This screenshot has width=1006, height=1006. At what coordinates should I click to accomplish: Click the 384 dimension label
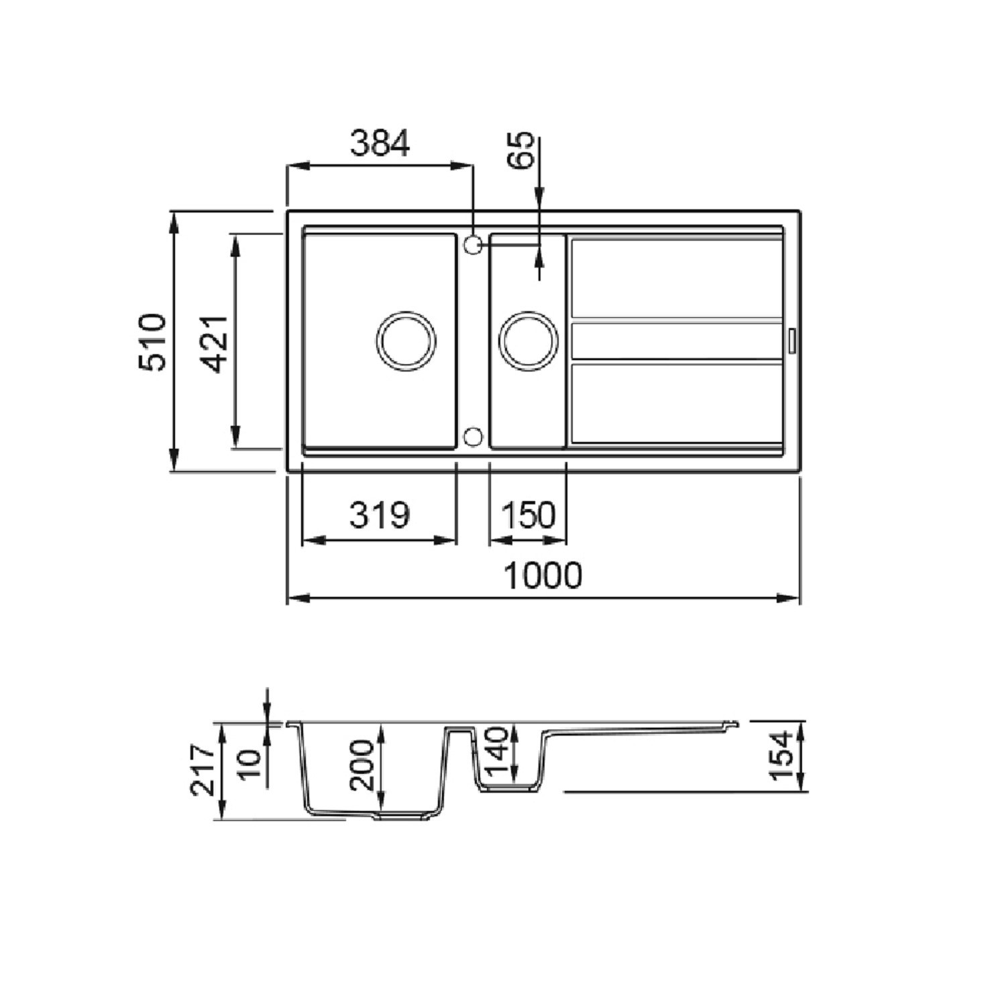click(x=380, y=144)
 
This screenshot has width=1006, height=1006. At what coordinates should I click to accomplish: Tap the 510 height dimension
click(x=152, y=341)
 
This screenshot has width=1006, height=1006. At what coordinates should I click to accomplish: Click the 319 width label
click(x=379, y=515)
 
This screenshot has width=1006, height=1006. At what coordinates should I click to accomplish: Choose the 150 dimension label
click(x=528, y=515)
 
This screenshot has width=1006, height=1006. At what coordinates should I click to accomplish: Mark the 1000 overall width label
click(x=543, y=575)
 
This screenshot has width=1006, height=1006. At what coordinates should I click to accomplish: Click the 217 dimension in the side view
click(x=204, y=769)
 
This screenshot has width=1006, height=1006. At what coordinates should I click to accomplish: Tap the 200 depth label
click(x=362, y=765)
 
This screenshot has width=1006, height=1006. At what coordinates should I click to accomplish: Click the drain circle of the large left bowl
click(x=406, y=340)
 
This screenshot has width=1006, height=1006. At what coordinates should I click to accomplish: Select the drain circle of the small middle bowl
click(x=529, y=340)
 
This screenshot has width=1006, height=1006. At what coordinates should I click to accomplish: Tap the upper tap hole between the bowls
click(x=472, y=244)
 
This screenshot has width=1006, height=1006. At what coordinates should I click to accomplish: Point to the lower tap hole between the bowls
click(x=472, y=437)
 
